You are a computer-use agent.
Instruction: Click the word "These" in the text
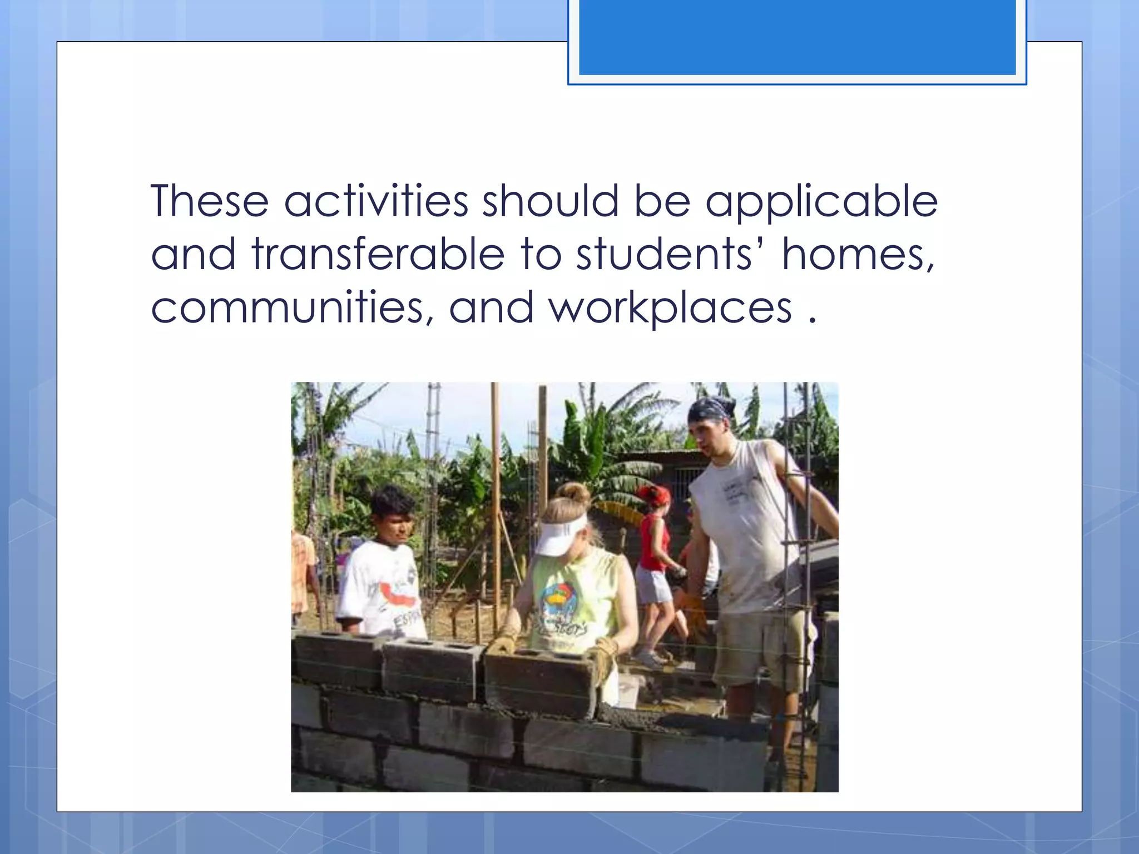point(210,201)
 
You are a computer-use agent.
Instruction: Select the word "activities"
point(377,201)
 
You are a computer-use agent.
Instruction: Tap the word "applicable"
point(821,202)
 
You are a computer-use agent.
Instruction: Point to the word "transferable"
point(378,254)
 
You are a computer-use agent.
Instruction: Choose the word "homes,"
point(858,254)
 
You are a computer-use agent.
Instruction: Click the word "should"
point(550,201)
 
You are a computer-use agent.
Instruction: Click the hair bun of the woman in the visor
point(575,493)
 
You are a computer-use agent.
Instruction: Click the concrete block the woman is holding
point(539,684)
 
